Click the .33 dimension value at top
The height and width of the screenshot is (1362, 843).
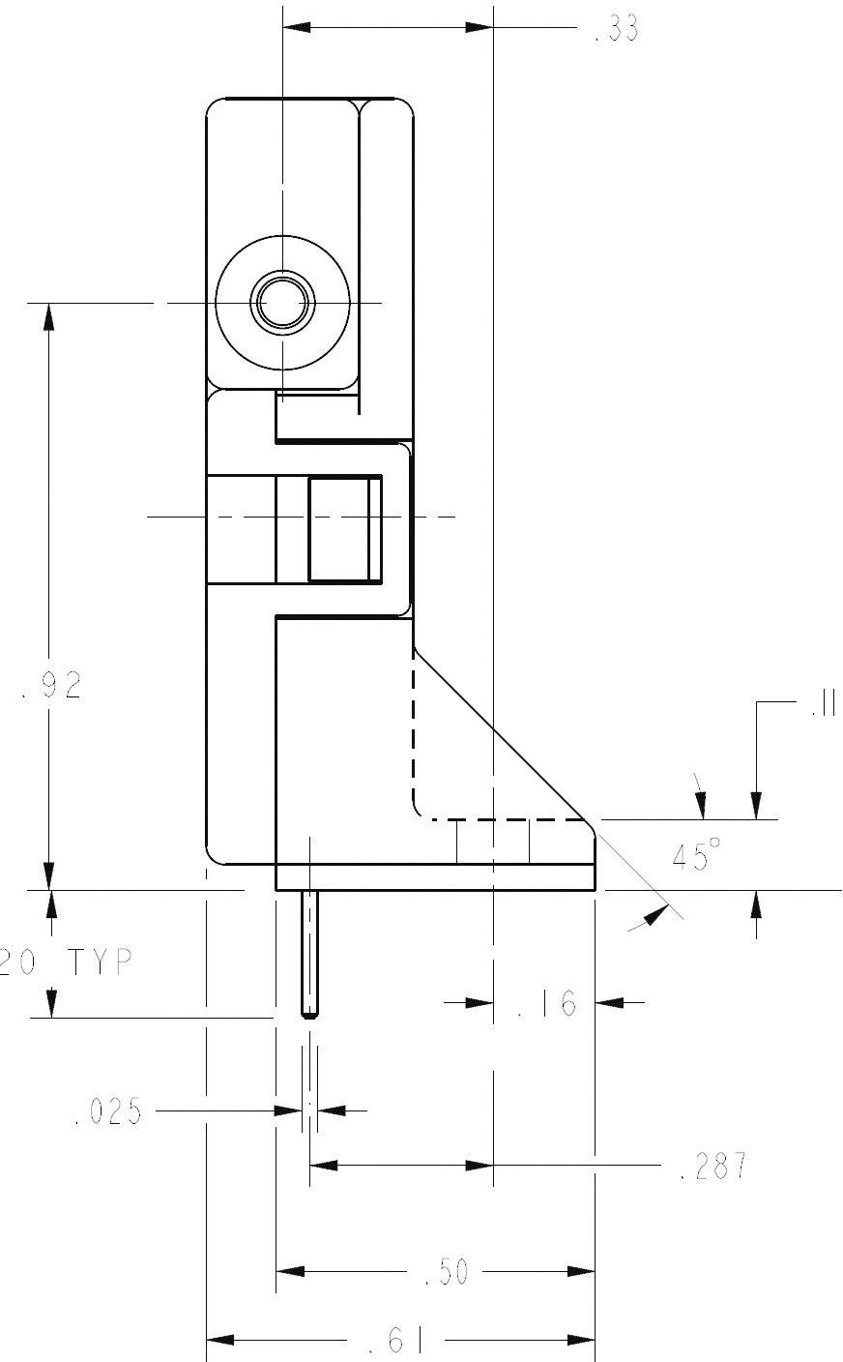click(616, 30)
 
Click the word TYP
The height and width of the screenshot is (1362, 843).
click(101, 962)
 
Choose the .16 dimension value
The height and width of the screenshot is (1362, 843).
click(546, 1004)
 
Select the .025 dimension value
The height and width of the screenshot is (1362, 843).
click(107, 1111)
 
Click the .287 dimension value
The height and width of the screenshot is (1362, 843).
click(713, 1167)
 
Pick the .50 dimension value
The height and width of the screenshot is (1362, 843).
click(447, 1273)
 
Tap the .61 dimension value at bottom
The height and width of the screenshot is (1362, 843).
click(397, 1342)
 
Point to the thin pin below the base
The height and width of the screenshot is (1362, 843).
click(309, 953)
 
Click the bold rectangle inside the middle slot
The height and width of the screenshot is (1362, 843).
click(344, 528)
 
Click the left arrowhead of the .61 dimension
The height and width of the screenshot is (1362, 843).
click(220, 1341)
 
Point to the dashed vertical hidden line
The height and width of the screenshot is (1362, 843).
click(414, 725)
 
